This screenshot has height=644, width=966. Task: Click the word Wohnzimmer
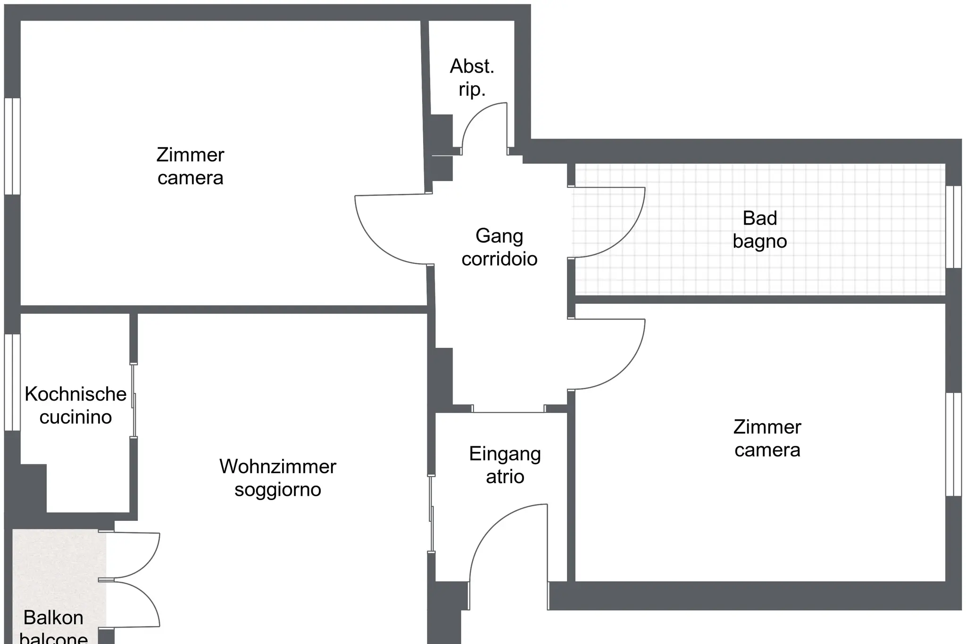click(x=277, y=467)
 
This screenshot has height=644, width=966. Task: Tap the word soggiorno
click(x=278, y=490)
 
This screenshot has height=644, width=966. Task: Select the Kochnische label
click(x=75, y=394)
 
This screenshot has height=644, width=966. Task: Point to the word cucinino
click(x=75, y=417)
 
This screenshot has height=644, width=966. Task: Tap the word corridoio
click(x=500, y=259)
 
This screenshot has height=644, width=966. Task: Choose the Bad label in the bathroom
click(x=759, y=218)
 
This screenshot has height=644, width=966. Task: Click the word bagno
click(x=759, y=242)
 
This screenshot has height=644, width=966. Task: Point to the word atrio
click(x=505, y=477)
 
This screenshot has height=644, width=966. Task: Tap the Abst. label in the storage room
click(x=472, y=67)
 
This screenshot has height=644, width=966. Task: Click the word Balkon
click(x=53, y=618)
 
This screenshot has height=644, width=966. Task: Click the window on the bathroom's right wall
click(x=954, y=227)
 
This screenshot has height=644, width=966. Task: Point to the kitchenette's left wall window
click(x=12, y=382)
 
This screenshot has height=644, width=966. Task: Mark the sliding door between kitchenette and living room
click(x=134, y=401)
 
